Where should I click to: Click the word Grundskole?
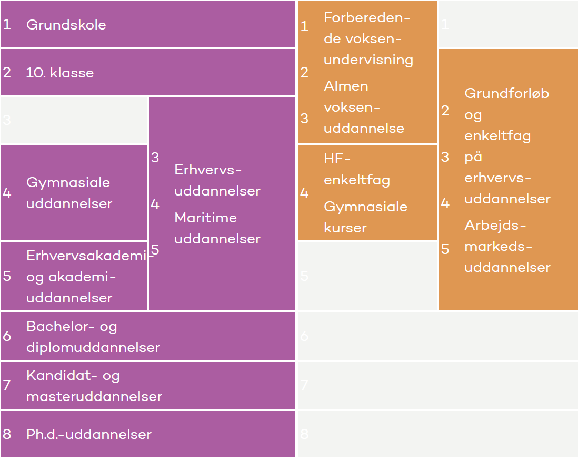coord(66,25)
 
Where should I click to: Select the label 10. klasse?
coord(59,73)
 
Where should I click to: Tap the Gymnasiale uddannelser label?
coord(69,193)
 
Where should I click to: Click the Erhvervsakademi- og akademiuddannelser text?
coord(87,277)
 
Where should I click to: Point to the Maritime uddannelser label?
coord(217,228)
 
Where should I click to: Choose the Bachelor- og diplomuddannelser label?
coord(93,337)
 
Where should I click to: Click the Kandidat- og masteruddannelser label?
coord(94,386)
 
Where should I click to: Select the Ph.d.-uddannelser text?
coord(88,434)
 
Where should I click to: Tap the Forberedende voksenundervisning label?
coord(368,38)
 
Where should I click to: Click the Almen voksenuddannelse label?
coord(364,107)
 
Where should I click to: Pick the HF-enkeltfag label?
coord(356,169)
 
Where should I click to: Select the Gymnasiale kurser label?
coord(365,217)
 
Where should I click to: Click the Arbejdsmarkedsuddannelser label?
coord(507,246)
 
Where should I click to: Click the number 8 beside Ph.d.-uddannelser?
coord(7,434)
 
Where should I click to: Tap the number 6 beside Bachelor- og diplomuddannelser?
coord(7,336)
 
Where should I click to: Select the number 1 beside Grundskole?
coord(7,25)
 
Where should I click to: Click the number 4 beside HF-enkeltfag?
coord(304,193)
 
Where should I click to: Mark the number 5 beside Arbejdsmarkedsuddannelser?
coord(445,249)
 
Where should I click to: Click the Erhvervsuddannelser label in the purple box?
coord(217,180)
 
